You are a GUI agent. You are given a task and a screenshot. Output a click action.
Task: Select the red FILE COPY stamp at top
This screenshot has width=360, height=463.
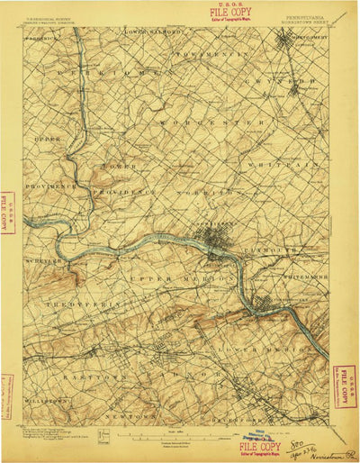pyautogui.click(x=230, y=12)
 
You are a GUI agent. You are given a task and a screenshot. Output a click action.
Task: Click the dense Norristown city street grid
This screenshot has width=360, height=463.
pyautogui.click(x=217, y=241)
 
